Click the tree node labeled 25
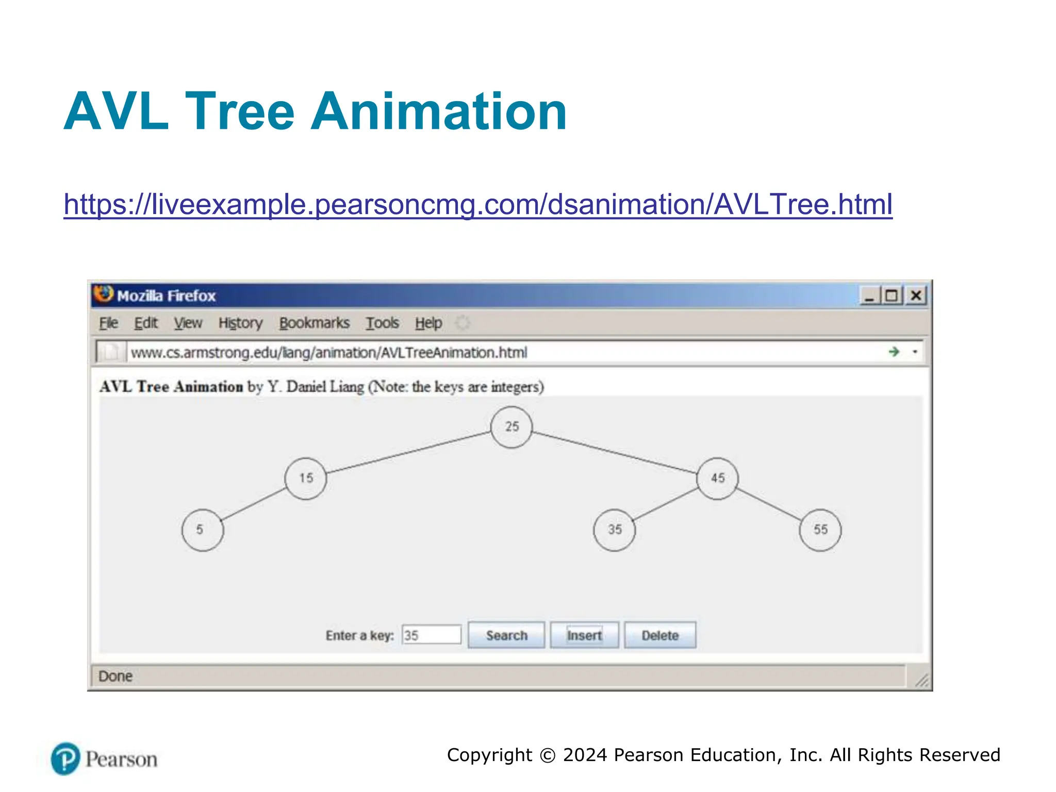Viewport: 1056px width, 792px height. click(511, 427)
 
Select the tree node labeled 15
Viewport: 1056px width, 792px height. click(306, 478)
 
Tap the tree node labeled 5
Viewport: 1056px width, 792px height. click(203, 530)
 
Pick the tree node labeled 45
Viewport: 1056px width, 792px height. click(717, 478)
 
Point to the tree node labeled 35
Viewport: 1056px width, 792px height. click(614, 530)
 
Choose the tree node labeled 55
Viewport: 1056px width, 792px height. click(820, 530)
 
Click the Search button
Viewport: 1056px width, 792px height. click(506, 635)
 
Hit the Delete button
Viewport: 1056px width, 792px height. click(659, 635)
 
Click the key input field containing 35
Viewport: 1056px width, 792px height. click(432, 635)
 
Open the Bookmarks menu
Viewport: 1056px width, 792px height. click(315, 323)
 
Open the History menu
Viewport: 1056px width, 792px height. click(240, 323)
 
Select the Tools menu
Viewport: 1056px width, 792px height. click(382, 323)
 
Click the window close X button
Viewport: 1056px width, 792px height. click(916, 296)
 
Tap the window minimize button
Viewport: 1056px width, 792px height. click(869, 296)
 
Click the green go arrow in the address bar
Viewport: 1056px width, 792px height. click(894, 352)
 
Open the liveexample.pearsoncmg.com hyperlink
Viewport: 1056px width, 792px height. click(477, 204)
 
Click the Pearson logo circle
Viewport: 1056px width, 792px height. click(65, 758)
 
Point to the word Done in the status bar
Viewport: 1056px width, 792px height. click(115, 676)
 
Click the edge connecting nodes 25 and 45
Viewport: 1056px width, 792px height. click(614, 452)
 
